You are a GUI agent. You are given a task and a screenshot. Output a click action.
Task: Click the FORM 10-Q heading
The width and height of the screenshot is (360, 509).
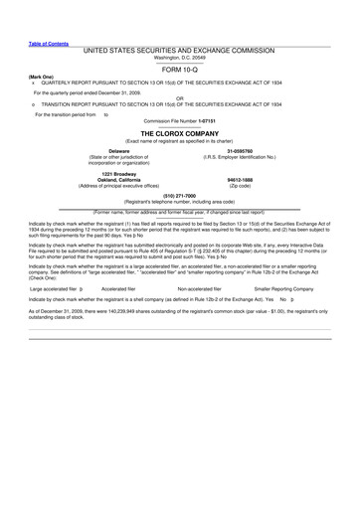179,72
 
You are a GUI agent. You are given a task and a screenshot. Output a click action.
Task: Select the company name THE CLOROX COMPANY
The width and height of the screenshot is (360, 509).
179,132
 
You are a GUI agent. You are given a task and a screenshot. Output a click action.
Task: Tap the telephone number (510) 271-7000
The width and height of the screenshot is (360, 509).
179,196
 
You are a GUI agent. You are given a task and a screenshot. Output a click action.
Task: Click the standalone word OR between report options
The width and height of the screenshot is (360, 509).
179,97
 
